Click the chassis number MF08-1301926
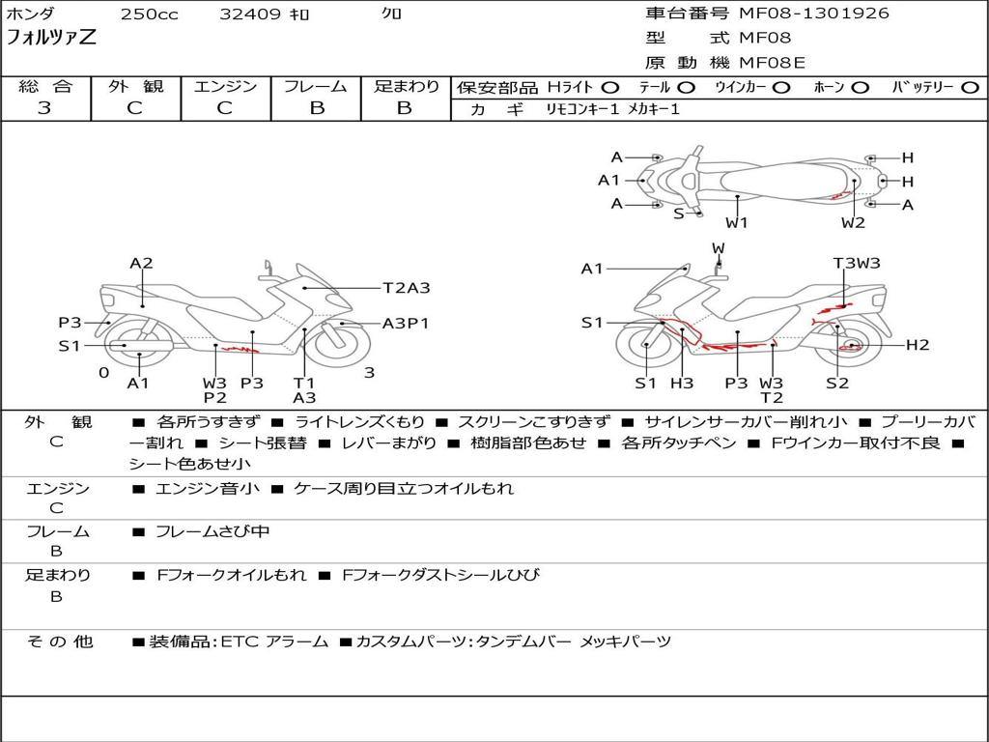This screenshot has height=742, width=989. point(814,13)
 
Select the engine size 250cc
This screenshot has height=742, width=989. point(150,14)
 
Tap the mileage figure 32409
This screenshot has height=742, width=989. point(250,14)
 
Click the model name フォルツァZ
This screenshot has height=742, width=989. point(51,38)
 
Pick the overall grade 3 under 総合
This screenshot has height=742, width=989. point(44,108)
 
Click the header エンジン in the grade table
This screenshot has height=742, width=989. point(225,86)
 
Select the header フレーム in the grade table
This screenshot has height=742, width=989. point(316,86)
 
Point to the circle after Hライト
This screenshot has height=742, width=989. point(610,88)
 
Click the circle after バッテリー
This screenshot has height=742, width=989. point(970,88)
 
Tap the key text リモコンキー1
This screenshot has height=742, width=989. point(582,109)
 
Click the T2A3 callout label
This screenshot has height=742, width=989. point(407,288)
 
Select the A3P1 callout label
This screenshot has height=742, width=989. point(406,323)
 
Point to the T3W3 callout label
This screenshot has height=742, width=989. point(857,263)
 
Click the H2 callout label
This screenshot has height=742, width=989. point(918,345)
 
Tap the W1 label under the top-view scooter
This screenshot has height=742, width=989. point(737,222)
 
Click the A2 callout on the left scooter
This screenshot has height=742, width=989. point(141,263)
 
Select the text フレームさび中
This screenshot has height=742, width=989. point(212,531)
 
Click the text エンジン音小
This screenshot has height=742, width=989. point(207,488)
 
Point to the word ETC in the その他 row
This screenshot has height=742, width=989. point(240,642)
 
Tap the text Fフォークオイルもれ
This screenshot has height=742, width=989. point(232,575)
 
